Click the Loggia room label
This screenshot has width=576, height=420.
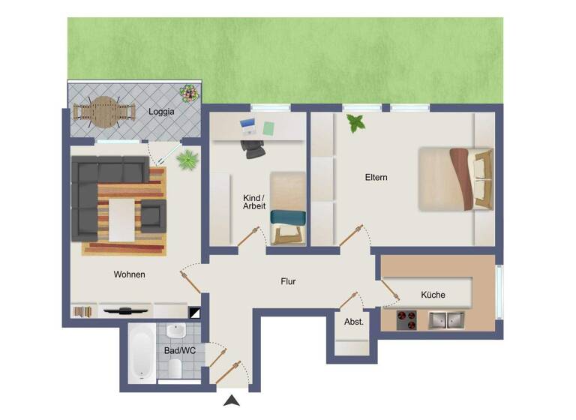[161, 112]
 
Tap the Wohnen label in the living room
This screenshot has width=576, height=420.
[129, 274]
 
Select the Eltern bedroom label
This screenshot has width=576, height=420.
[376, 178]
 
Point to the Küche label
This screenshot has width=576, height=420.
[433, 295]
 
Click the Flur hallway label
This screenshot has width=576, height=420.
[288, 282]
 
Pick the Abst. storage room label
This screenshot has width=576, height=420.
[353, 322]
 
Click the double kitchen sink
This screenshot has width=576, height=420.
[447, 319]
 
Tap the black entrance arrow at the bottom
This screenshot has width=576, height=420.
[233, 401]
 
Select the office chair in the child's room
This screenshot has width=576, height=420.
[254, 147]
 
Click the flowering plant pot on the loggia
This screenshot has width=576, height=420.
[189, 94]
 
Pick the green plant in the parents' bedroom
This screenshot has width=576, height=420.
[355, 122]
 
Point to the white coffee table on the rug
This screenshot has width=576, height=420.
[121, 218]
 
